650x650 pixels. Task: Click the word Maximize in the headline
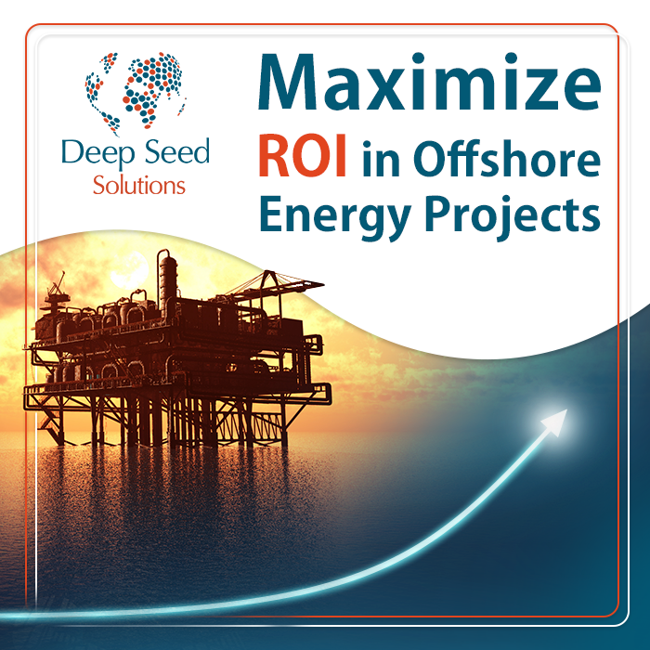click(429, 82)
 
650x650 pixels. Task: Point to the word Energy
click(334, 217)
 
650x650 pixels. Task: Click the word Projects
click(513, 216)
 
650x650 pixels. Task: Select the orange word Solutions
click(139, 185)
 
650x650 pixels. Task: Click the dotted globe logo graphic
click(135, 92)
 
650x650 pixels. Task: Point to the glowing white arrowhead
click(554, 422)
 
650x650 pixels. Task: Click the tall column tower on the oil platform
click(167, 282)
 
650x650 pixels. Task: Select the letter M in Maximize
click(289, 82)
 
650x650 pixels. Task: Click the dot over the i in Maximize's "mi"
click(419, 58)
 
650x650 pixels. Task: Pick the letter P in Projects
click(439, 214)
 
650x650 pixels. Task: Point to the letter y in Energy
click(395, 224)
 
